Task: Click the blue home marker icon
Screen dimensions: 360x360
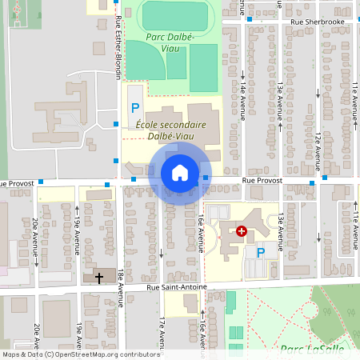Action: pyautogui.click(x=180, y=173)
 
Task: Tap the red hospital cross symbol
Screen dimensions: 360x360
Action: pyautogui.click(x=242, y=230)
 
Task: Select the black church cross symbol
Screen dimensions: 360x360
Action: pyautogui.click(x=99, y=278)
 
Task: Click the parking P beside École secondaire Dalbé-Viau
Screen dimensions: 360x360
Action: pyautogui.click(x=135, y=107)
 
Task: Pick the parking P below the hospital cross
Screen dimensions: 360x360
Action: pyautogui.click(x=260, y=252)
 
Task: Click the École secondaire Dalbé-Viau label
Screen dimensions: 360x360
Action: pyautogui.click(x=170, y=130)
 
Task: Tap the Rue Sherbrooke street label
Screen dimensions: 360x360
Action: pyautogui.click(x=317, y=22)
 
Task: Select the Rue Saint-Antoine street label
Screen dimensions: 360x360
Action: pyautogui.click(x=176, y=287)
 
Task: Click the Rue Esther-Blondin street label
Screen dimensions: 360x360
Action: pyautogui.click(x=118, y=48)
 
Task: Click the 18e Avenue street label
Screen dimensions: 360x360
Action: pyautogui.click(x=119, y=288)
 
